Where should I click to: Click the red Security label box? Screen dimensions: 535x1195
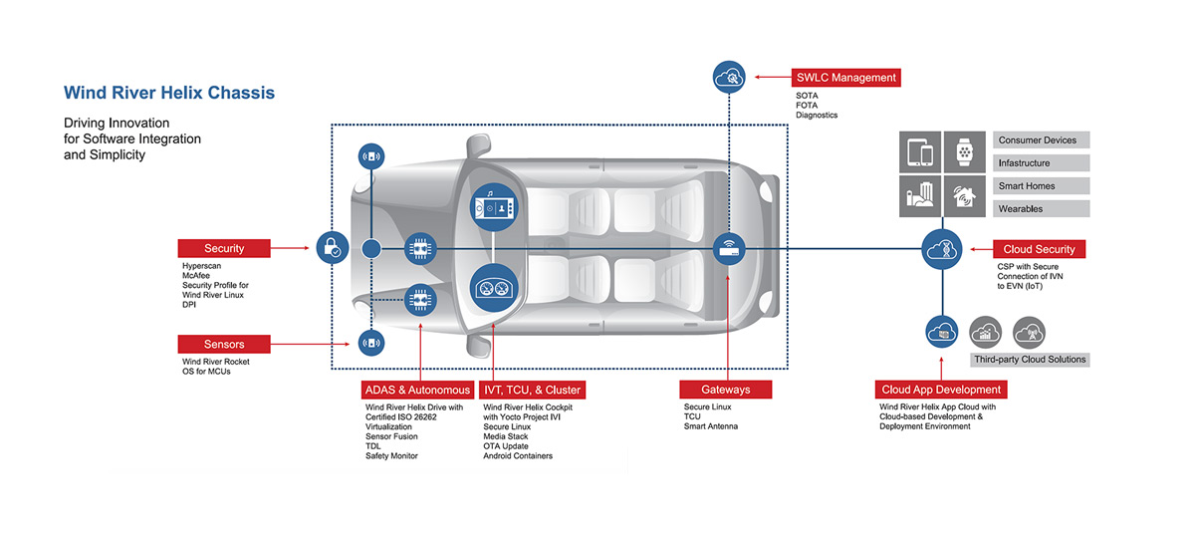(x=224, y=248)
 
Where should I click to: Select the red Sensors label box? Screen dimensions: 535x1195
(x=224, y=344)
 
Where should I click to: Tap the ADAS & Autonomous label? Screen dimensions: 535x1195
(x=417, y=390)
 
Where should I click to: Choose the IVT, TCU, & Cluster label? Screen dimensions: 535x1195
(x=532, y=390)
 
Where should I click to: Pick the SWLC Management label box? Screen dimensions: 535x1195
(x=846, y=78)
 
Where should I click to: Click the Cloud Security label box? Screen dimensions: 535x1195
(x=1039, y=248)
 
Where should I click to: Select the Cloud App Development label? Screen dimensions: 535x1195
(x=942, y=390)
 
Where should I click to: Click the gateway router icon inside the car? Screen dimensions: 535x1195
(x=729, y=247)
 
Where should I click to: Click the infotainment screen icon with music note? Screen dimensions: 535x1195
(x=494, y=206)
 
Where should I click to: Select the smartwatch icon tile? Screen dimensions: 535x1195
(x=963, y=152)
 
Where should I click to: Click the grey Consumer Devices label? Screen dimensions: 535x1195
(x=1041, y=140)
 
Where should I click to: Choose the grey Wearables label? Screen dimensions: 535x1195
(x=1041, y=209)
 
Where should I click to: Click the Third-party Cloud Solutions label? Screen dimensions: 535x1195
(x=1030, y=360)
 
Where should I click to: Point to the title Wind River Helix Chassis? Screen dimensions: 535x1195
(x=169, y=93)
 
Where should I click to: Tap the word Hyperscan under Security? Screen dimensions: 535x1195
(x=202, y=267)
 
